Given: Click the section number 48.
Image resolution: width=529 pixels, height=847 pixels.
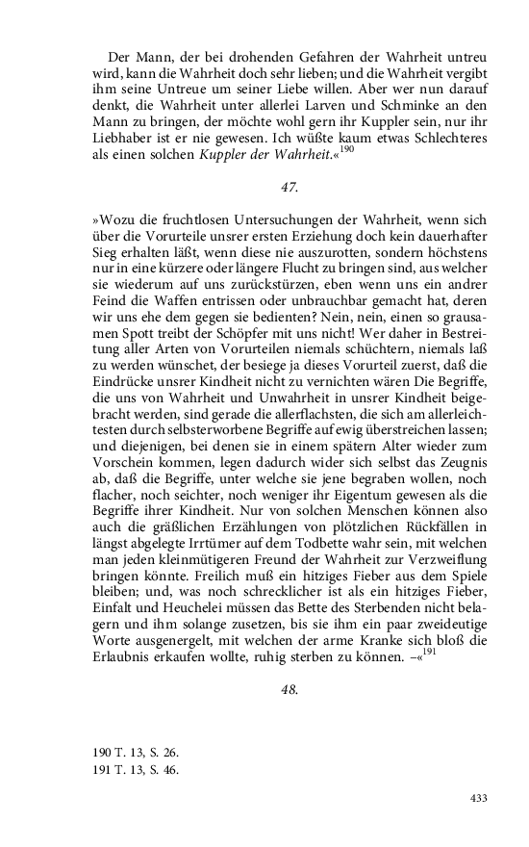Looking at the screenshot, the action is point(265,690).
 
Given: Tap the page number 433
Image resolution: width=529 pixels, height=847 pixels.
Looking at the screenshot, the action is point(480,799).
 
